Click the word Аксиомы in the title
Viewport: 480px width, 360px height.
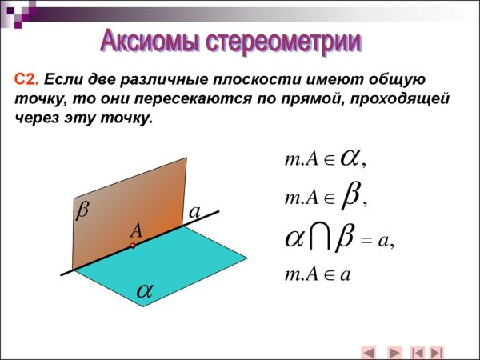[x=150, y=39]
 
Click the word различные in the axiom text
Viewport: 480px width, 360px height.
[x=153, y=80]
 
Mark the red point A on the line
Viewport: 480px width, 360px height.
[x=133, y=246]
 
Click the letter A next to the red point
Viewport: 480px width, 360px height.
[x=137, y=230]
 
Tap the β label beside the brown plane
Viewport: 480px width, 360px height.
[x=82, y=210]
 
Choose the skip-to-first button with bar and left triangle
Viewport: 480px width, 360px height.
[x=417, y=351]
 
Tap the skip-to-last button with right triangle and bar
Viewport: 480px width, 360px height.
[x=437, y=351]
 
